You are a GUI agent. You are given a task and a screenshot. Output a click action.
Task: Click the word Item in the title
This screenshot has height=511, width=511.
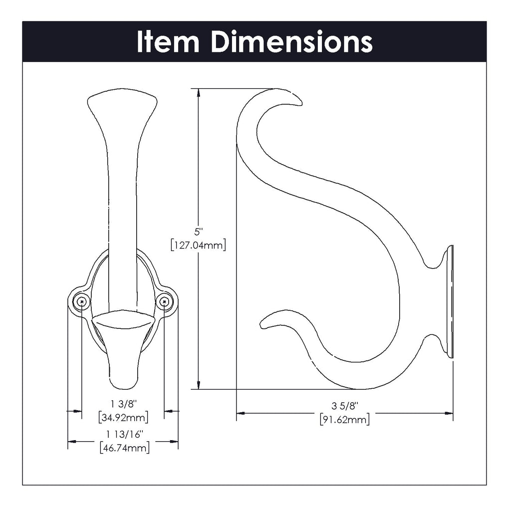click(168, 42)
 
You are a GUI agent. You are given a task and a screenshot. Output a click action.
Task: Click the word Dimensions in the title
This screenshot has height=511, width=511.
click(291, 42)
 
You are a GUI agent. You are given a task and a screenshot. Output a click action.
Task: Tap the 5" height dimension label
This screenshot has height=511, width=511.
click(199, 232)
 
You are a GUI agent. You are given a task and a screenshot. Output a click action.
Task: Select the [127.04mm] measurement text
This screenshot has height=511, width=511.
click(199, 245)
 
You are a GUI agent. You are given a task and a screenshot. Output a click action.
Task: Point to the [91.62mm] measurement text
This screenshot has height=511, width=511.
click(345, 419)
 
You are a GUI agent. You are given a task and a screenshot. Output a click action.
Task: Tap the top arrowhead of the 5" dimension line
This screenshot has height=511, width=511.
click(199, 93)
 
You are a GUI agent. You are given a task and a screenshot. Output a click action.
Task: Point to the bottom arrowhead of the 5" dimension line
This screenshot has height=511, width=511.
click(199, 385)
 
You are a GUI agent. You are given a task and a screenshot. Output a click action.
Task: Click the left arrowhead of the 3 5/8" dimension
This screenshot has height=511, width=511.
click(240, 413)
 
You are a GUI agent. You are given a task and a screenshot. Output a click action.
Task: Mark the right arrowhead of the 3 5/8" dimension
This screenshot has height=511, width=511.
click(449, 413)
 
